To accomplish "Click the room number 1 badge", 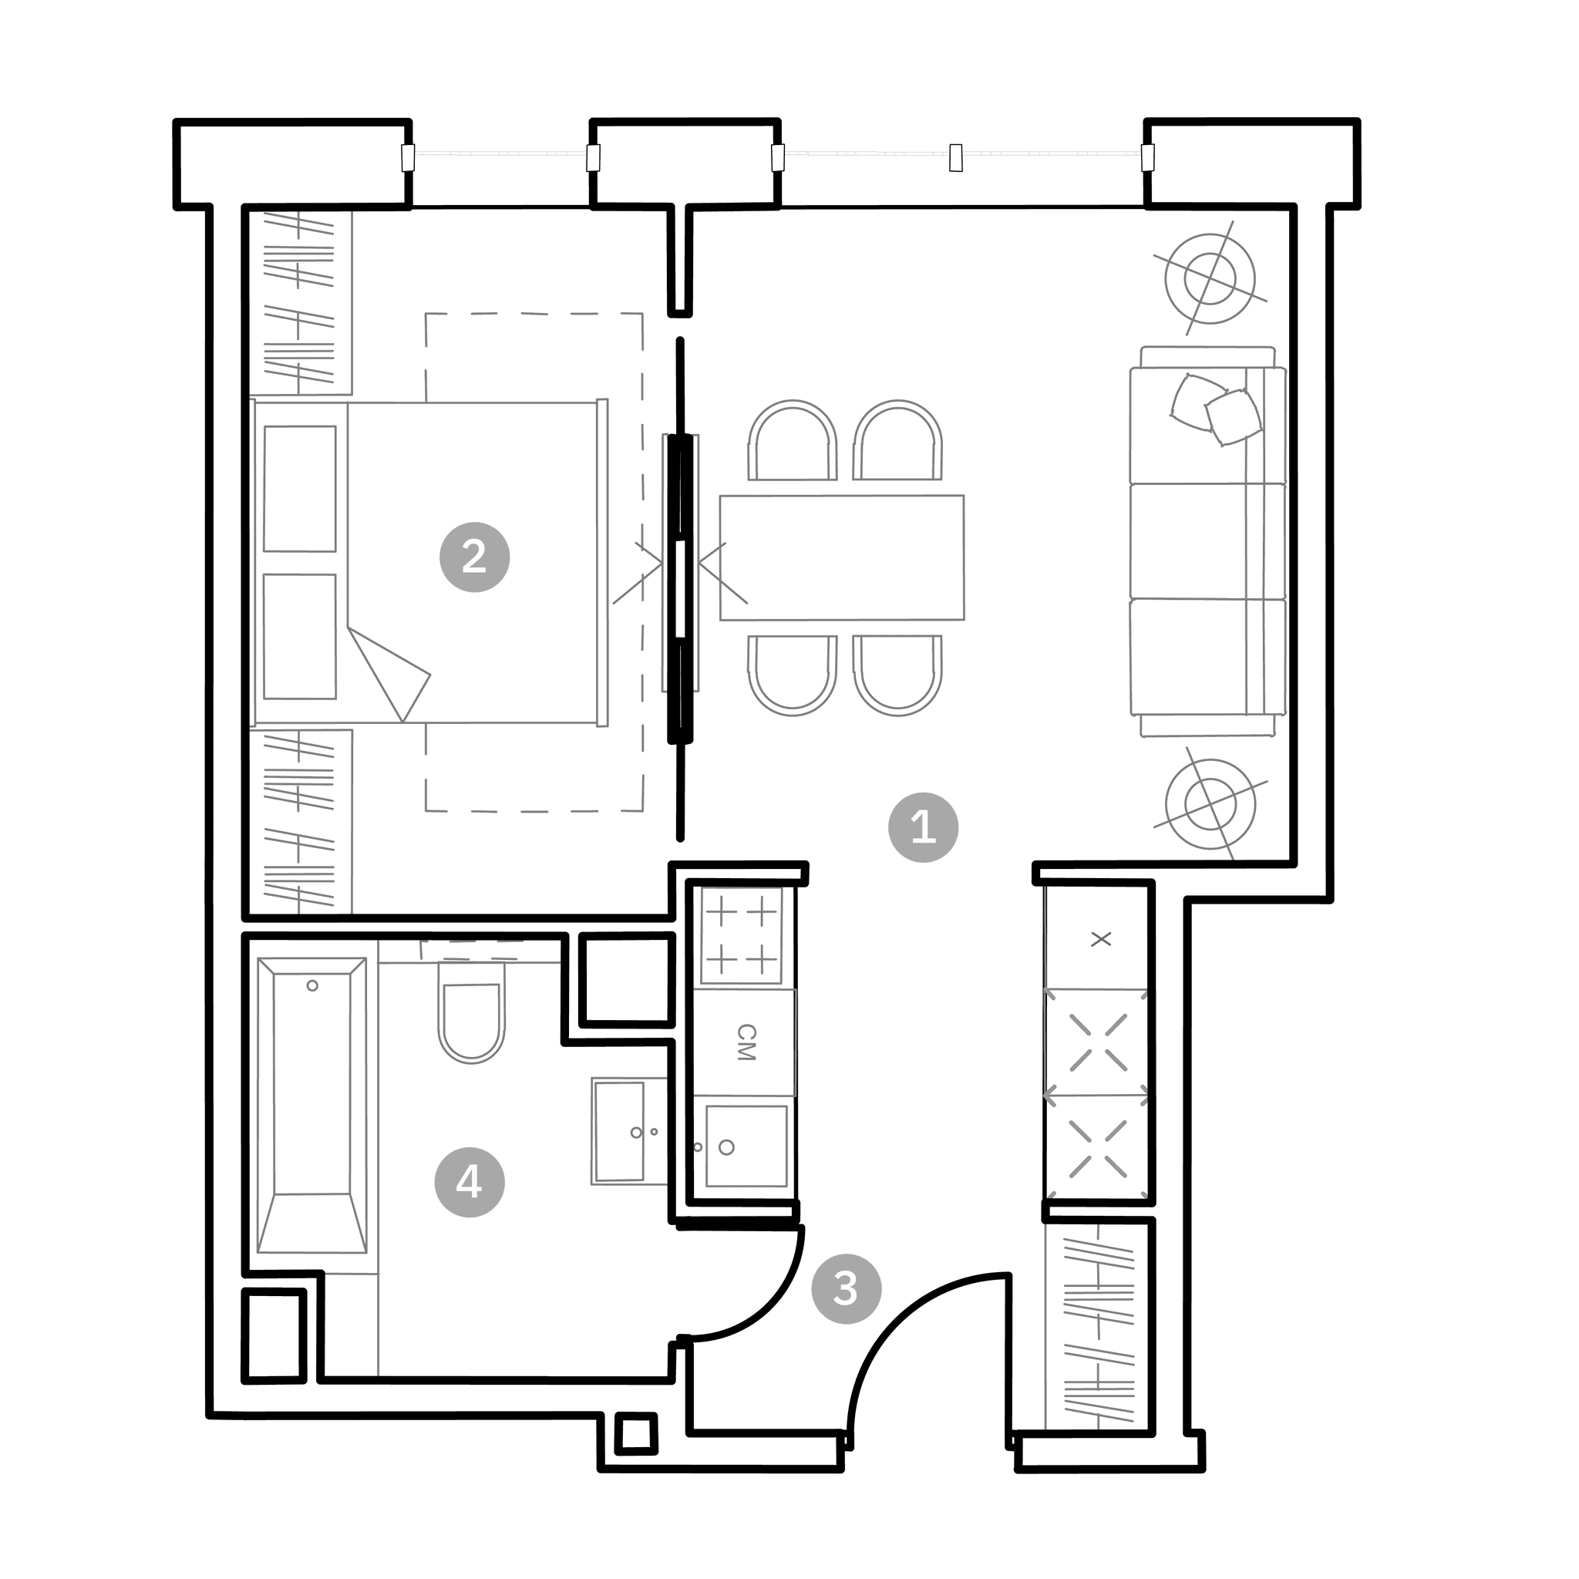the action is pos(923,827).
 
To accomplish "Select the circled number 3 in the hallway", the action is pos(846,1289).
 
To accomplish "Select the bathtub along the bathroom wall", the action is pos(311,1106).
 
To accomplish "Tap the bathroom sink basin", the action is pos(620,1131).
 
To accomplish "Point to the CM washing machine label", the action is pos(746,1042).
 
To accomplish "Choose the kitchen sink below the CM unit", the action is pos(746,1146).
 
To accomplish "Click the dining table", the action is pos(842,557).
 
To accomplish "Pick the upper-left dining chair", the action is pos(792,439).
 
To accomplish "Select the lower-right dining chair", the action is pos(897,676).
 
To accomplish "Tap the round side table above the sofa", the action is pos(1210,278).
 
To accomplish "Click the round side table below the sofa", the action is pos(1210,803).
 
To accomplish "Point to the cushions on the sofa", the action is pos(1216,409).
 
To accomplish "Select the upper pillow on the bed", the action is pos(299,489).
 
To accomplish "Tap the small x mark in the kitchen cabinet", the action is pos(1101,939).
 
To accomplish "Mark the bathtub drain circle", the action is pos(312,985).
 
